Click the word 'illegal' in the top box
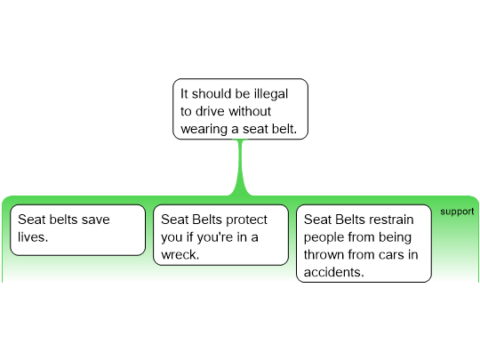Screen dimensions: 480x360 coord(271,94)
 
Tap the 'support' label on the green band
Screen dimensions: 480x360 coord(457,212)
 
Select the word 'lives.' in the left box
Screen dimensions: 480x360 coord(33,237)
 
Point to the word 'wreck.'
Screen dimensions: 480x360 coord(180,255)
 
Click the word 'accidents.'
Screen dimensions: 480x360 coord(334,272)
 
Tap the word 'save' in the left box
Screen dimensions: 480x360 coord(96,220)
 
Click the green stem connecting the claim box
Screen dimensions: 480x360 coord(240,168)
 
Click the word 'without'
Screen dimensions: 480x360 coord(250,111)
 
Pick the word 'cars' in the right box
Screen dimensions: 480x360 coord(391,255)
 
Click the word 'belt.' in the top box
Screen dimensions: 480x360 coord(284,129)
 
